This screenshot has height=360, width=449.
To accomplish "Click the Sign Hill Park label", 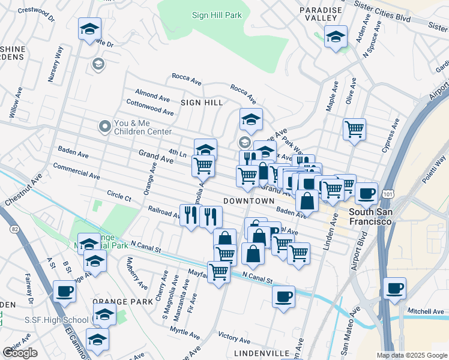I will pos(216,14).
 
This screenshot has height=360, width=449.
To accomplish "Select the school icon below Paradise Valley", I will pos(336,37).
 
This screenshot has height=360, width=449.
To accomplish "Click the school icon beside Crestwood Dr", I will pos(89,29).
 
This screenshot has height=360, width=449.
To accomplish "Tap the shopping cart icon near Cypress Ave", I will pos(355,128).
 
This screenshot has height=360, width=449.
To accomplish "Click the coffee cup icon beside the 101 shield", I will pos(366,193).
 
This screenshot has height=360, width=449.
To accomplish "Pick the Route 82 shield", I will pos(14,228).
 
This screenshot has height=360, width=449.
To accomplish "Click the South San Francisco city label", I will pos(371,217).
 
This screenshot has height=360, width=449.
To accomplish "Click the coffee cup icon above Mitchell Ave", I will pos(394,288).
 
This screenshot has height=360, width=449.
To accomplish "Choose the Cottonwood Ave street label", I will pos(150,108).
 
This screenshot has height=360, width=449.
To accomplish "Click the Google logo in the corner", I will pos(20,353).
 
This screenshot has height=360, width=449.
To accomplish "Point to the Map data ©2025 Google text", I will pos(411,355).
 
